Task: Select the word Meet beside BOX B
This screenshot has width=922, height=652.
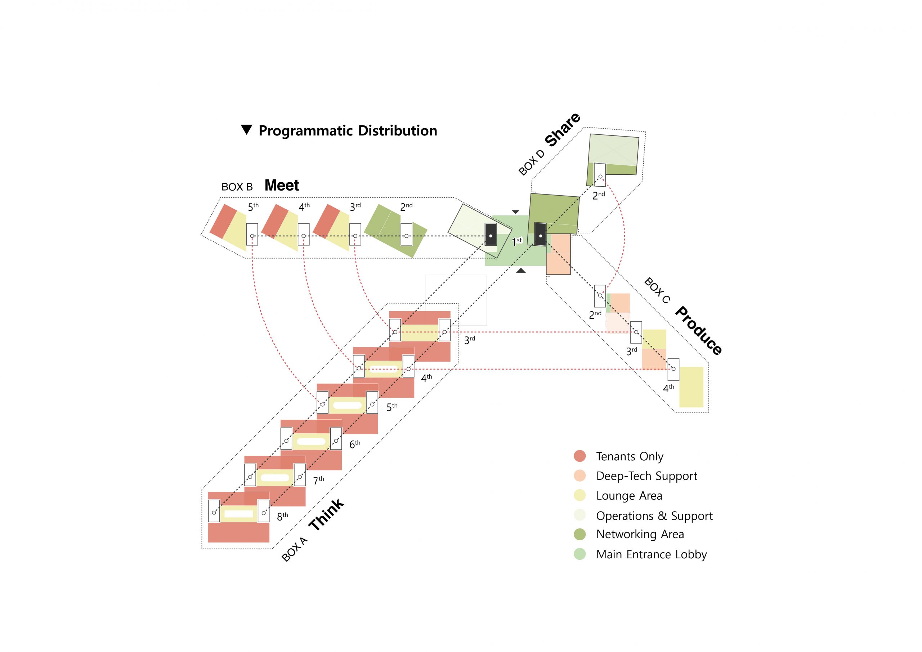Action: tap(282, 185)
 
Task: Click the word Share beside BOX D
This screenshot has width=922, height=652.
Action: tap(563, 129)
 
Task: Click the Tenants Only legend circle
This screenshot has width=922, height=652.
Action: tap(579, 456)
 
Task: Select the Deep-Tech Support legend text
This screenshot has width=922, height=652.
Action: tap(646, 476)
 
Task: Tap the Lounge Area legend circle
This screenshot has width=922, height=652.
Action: tap(579, 495)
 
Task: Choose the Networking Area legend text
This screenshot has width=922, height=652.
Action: tap(640, 534)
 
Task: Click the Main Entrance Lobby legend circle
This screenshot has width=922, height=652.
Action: tap(579, 554)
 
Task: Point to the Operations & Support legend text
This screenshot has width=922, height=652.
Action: tap(654, 516)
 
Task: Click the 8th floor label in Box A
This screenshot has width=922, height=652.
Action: tap(282, 516)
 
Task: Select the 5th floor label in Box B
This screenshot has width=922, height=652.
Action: tap(253, 207)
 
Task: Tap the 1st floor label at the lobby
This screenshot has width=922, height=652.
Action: tap(517, 241)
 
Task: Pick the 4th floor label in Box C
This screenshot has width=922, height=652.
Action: tap(668, 388)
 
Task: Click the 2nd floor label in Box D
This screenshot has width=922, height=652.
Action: tap(599, 196)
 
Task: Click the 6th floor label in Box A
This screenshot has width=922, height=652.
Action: tap(355, 444)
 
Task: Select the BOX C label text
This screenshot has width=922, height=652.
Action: tap(657, 290)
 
